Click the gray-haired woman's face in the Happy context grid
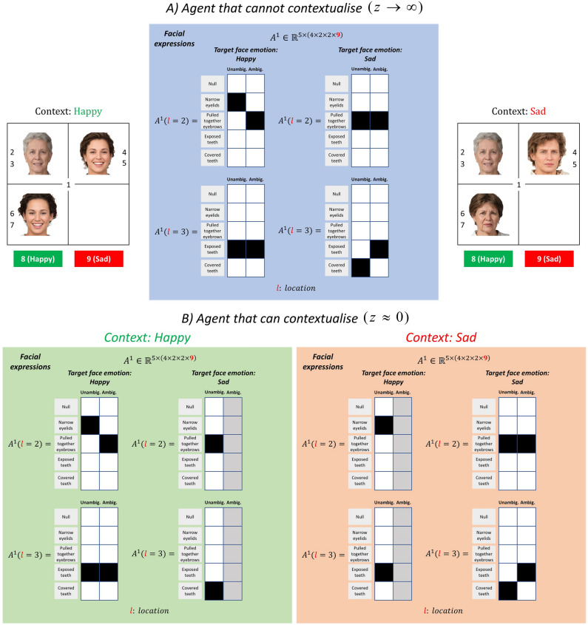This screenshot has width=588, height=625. (37, 154)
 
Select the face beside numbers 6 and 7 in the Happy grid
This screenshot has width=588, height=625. (37, 212)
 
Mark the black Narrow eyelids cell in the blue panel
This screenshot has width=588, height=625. (237, 103)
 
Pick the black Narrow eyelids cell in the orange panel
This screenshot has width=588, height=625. (384, 425)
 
